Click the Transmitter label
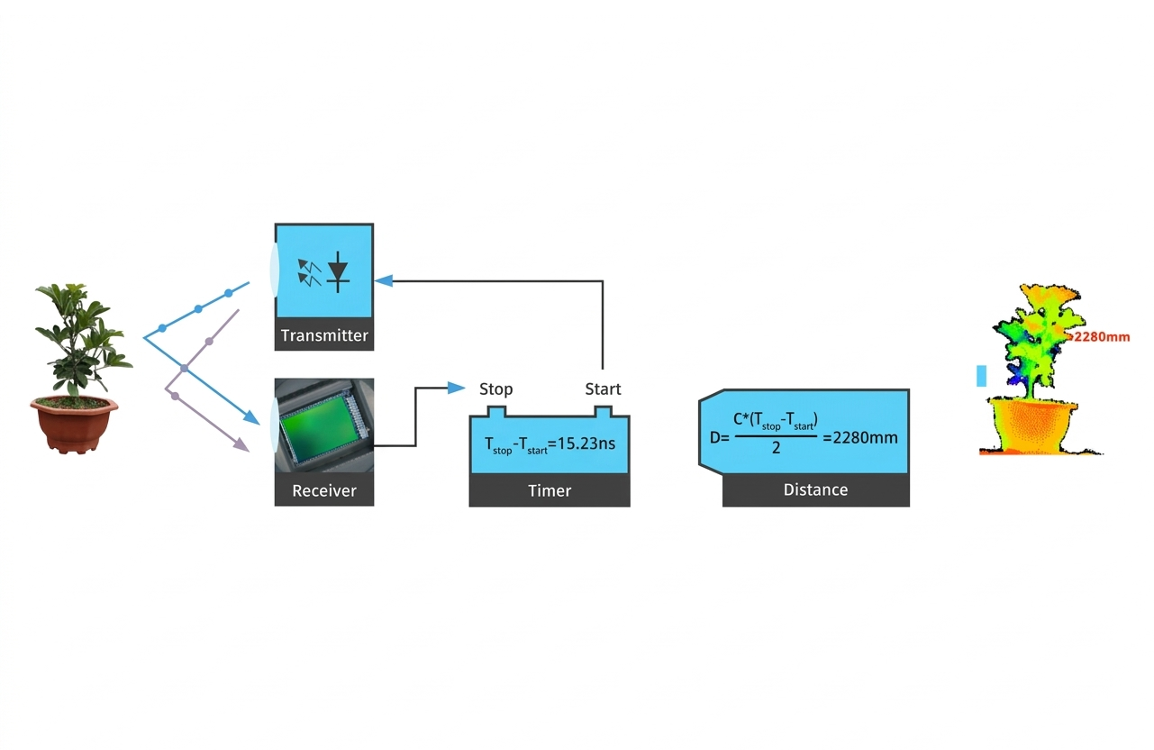pyautogui.click(x=324, y=335)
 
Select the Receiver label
pyautogui.click(x=324, y=490)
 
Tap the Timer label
pyautogui.click(x=550, y=490)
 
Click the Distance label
pyautogui.click(x=815, y=489)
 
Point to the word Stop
pyautogui.click(x=495, y=389)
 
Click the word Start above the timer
pyautogui.click(x=603, y=389)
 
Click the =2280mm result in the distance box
pyautogui.click(x=859, y=437)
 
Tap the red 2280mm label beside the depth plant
pyautogui.click(x=1101, y=336)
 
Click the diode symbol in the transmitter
pyautogui.click(x=338, y=271)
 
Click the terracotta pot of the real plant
pyautogui.click(x=74, y=425)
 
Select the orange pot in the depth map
pyautogui.click(x=1033, y=425)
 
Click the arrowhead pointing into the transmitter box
pyautogui.click(x=384, y=281)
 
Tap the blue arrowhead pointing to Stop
pyautogui.click(x=456, y=388)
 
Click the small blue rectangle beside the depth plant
pyautogui.click(x=981, y=376)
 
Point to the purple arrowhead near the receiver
pyautogui.click(x=241, y=444)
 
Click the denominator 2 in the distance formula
pyautogui.click(x=776, y=448)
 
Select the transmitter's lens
pyautogui.click(x=274, y=270)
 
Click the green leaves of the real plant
pyautogui.click(x=81, y=338)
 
